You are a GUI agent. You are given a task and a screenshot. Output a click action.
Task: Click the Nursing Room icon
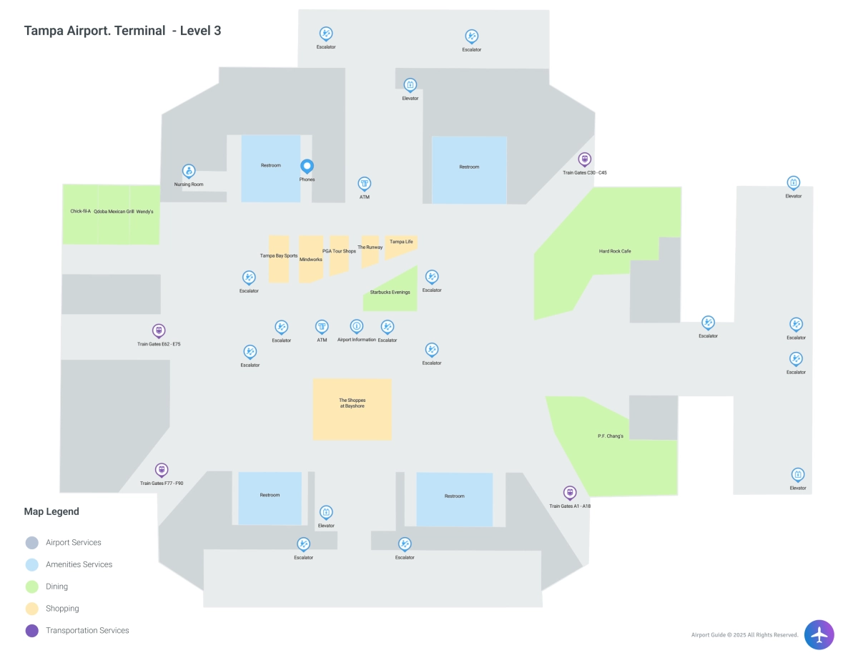click(x=189, y=171)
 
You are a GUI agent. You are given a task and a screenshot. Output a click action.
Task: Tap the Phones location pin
click(x=307, y=166)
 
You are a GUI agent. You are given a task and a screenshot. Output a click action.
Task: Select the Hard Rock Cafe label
click(x=615, y=251)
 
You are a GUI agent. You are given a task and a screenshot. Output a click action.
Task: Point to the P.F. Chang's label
click(x=611, y=436)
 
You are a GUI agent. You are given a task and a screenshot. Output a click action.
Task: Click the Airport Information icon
click(x=356, y=326)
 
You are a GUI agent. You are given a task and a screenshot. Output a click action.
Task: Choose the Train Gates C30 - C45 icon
click(x=585, y=159)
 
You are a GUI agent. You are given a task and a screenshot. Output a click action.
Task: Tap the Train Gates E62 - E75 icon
click(x=159, y=330)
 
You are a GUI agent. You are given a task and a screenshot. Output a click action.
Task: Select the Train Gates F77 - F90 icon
click(x=162, y=470)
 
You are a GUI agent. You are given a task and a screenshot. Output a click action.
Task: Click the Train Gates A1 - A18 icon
click(x=570, y=492)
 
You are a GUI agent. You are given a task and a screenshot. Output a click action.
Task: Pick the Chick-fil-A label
click(x=81, y=212)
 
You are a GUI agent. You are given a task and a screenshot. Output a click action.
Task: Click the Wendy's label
click(x=145, y=212)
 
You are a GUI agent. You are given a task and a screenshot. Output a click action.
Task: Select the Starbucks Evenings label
click(x=390, y=292)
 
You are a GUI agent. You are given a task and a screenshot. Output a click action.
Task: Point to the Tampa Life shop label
click(x=401, y=242)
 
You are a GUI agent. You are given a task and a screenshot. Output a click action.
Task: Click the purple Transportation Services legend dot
click(x=31, y=631)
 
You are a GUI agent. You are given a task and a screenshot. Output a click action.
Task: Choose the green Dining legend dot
click(x=31, y=586)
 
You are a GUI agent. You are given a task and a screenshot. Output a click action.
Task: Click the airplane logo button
click(x=819, y=634)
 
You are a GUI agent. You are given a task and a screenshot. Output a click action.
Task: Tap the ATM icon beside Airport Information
click(x=322, y=326)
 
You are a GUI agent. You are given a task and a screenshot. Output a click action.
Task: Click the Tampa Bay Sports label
click(x=279, y=255)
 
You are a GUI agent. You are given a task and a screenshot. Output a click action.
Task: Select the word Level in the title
click(x=195, y=31)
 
